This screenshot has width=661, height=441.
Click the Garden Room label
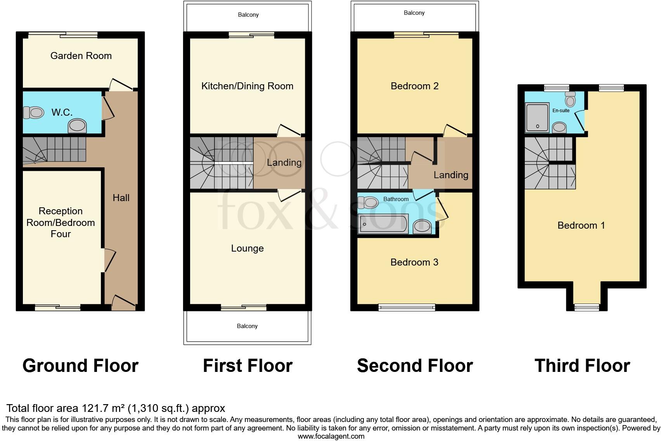[81, 56]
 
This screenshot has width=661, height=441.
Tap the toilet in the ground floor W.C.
[33, 113]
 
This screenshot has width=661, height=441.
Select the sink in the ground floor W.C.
[77, 126]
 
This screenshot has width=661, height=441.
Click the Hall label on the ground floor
[121, 198]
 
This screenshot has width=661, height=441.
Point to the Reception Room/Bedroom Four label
[61, 222]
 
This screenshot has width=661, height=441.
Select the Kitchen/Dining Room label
[247, 86]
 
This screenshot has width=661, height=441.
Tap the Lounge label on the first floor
[247, 248]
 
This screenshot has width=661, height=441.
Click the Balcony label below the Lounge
[247, 326]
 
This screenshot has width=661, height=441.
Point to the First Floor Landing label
[284, 163]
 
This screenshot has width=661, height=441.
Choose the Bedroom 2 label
[414, 86]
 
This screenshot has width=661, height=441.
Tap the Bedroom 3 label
[414, 262]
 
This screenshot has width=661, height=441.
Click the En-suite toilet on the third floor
[570, 100]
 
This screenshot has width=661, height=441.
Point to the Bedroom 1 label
[581, 226]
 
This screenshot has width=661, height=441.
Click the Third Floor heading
[582, 366]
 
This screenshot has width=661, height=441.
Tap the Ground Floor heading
[80, 366]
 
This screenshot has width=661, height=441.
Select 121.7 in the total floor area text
[95, 408]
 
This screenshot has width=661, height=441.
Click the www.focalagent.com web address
[330, 436]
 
